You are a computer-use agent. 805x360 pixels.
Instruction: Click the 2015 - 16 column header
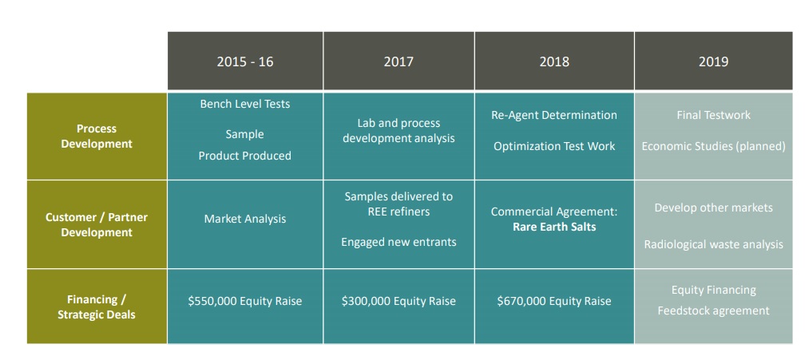(245, 61)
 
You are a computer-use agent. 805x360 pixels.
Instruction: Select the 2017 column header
(399, 61)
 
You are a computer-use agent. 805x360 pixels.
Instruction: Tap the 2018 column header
(554, 61)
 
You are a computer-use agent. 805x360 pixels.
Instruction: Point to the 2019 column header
(713, 61)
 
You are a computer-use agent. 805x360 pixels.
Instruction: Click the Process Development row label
(97, 136)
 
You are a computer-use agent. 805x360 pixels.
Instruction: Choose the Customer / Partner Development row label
(97, 224)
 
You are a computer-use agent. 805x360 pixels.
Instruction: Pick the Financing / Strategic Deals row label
(97, 307)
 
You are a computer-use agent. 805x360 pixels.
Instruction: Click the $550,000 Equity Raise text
(245, 301)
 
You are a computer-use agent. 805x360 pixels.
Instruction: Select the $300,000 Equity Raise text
(399, 301)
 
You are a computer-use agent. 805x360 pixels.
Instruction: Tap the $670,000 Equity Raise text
(554, 301)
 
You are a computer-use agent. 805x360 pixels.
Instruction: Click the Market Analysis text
(245, 219)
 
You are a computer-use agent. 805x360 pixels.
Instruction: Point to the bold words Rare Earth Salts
(554, 227)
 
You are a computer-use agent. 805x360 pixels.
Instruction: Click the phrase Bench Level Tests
(245, 104)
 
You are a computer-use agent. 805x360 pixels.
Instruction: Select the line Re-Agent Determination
(554, 115)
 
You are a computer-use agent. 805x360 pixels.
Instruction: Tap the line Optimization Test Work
(554, 146)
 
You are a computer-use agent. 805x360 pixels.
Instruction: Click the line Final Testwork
(713, 115)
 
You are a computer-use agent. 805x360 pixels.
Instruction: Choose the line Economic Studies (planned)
(713, 146)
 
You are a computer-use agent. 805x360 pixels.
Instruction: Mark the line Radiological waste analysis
(714, 244)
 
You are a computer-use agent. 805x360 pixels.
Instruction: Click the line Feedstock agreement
(713, 311)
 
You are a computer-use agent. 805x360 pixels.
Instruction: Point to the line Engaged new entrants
(399, 242)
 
